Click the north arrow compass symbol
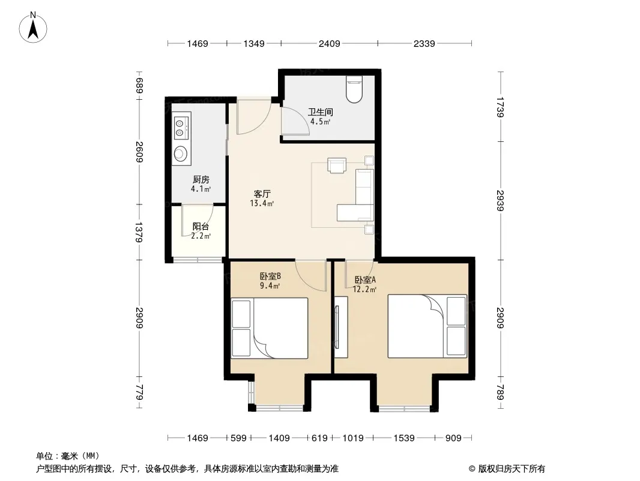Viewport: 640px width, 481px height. tap(33, 27)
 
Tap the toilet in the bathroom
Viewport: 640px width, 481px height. tap(354, 88)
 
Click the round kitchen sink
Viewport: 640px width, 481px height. tap(180, 153)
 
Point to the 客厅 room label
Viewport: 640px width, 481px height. tap(262, 194)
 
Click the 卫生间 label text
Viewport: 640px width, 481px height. tap(321, 112)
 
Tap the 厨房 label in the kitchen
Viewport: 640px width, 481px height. tap(201, 179)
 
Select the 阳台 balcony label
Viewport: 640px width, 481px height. tap(201, 227)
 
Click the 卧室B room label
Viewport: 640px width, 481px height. tap(270, 276)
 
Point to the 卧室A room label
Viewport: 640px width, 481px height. tap(365, 280)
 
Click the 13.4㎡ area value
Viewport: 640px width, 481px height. tap(262, 203)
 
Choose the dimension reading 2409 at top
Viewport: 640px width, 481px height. tap(330, 43)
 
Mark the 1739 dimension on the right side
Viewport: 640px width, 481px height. tap(500, 107)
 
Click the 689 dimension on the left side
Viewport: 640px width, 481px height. tap(140, 86)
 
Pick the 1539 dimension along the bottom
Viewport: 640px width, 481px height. tap(404, 438)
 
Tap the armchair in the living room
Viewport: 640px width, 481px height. tap(337, 165)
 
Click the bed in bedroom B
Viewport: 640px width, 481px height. tap(270, 328)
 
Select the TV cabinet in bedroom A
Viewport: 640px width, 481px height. tap(341, 327)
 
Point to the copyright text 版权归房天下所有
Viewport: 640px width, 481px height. tap(512, 469)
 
